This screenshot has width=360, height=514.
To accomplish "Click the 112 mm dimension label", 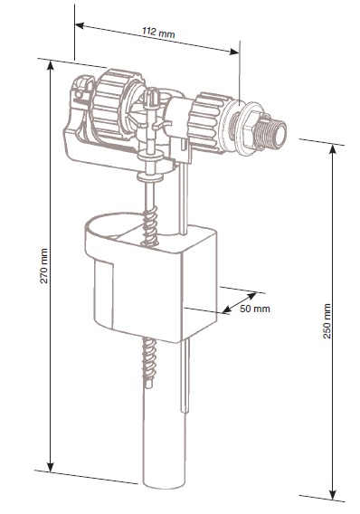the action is [x=158, y=33].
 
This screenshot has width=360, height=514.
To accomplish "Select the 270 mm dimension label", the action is [x=43, y=266].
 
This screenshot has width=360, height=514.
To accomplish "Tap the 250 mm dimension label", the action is [x=327, y=321].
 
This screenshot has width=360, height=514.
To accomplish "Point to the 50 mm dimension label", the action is [x=255, y=309].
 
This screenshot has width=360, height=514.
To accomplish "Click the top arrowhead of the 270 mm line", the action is [x=50, y=65].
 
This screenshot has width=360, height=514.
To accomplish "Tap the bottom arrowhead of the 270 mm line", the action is [x=50, y=467].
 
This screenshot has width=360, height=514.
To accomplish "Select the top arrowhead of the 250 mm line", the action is [x=333, y=149].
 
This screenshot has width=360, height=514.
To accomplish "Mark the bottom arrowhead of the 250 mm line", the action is [x=333, y=495].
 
